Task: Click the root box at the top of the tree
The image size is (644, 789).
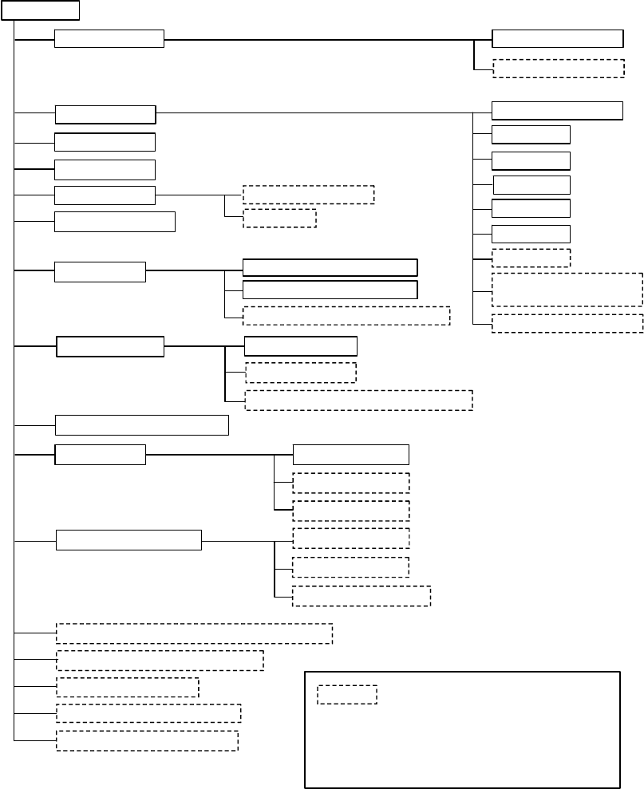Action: click(41, 10)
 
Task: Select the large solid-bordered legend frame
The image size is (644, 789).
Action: click(463, 729)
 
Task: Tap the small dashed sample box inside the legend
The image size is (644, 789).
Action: click(347, 694)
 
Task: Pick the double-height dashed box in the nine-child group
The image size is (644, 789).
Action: click(567, 289)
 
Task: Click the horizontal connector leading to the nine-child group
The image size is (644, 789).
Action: click(319, 112)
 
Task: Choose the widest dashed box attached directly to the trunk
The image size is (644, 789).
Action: click(194, 633)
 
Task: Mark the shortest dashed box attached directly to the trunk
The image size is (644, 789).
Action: click(128, 687)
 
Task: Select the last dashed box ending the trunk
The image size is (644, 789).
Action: click(148, 740)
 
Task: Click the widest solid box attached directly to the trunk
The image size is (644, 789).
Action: click(142, 424)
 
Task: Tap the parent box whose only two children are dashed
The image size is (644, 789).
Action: click(105, 195)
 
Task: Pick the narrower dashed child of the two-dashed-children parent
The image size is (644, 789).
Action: click(279, 218)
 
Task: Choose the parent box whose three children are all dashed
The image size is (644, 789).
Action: click(128, 540)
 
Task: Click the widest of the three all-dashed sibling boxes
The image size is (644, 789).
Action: click(362, 596)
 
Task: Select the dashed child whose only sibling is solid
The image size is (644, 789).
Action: click(559, 68)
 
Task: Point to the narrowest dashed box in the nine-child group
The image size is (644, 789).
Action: click(531, 258)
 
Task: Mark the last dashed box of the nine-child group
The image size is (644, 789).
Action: click(567, 323)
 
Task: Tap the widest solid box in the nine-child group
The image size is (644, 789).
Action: click(557, 110)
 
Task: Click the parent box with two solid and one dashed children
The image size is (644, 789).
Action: click(100, 271)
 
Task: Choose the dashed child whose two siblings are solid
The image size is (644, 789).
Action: click(346, 315)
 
